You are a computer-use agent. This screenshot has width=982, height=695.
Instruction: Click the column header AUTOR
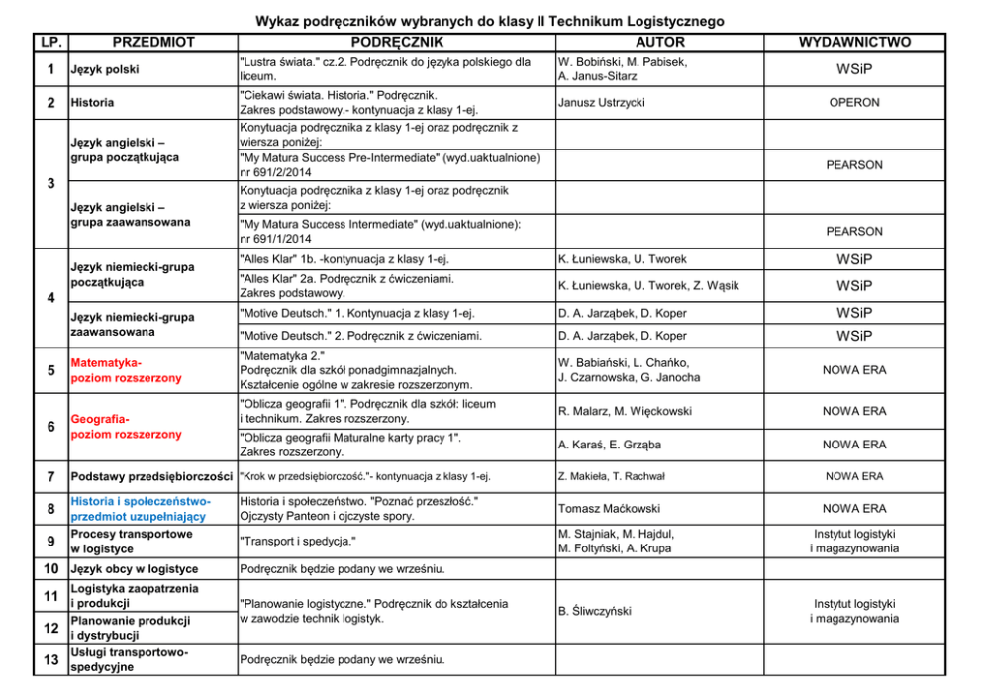(x=659, y=43)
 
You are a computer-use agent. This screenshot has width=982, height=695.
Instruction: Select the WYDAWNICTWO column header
(x=854, y=43)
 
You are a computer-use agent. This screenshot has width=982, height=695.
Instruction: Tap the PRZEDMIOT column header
(x=153, y=43)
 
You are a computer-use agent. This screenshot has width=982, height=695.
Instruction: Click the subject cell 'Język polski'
(x=104, y=69)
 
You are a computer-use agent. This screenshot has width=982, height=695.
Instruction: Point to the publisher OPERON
(x=854, y=102)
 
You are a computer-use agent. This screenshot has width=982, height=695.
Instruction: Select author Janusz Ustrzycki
(x=600, y=102)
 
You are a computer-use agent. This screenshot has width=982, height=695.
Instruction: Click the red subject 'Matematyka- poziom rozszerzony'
(x=126, y=370)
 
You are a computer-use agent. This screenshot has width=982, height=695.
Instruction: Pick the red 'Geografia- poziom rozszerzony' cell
(x=126, y=427)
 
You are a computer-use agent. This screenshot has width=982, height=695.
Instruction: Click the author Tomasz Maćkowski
(x=609, y=508)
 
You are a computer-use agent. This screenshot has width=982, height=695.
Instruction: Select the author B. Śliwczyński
(x=595, y=612)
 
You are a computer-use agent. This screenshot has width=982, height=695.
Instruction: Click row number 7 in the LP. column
(x=49, y=476)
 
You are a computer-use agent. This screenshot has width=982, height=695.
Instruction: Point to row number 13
(x=49, y=660)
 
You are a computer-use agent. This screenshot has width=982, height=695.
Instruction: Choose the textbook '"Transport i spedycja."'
(x=298, y=542)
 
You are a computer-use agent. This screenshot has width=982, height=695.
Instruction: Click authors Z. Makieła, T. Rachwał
(x=612, y=476)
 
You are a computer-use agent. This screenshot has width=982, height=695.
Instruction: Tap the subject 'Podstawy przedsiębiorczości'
(x=152, y=476)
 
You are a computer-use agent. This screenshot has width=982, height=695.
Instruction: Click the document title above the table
(x=490, y=21)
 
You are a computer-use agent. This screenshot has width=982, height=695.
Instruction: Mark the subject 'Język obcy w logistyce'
(x=134, y=569)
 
